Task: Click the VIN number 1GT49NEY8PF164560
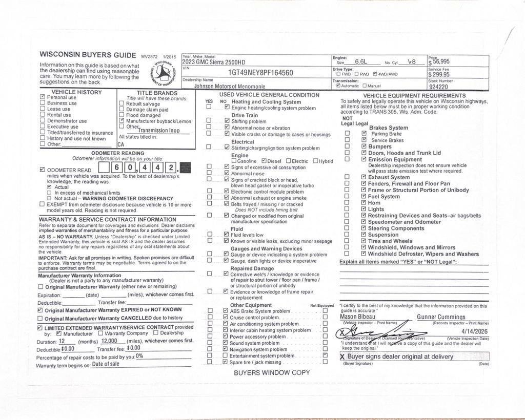pos(260,73)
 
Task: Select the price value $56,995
pos(439,61)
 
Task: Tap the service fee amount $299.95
pos(439,75)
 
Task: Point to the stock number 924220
pos(438,87)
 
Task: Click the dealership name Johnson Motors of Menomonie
pos(223,87)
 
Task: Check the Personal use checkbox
pos(43,97)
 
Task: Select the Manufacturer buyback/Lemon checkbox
pos(122,121)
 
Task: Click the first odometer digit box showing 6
pos(117,168)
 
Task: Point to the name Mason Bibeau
pos(356,317)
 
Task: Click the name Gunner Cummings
pos(441,317)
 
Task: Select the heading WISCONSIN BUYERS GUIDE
pos(89,55)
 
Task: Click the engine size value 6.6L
pos(361,61)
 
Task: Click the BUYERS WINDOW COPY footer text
pos(272,372)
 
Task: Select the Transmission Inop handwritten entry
pos(159,130)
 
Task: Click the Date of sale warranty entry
pos(106,364)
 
